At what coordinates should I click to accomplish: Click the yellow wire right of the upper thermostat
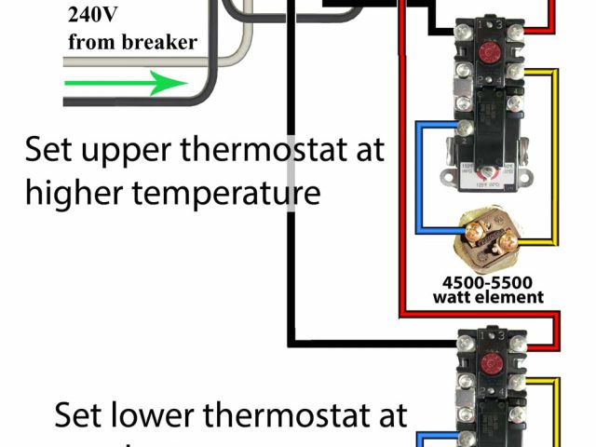point(556,158)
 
